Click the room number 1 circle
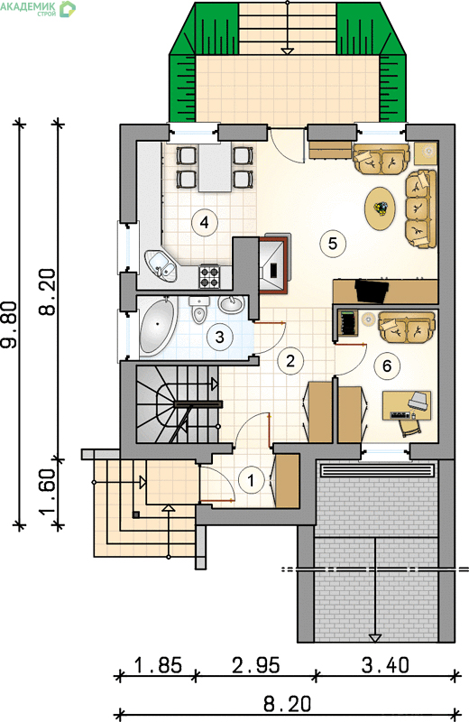251,481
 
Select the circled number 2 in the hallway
290,360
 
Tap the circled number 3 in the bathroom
219,337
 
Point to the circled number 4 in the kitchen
205,222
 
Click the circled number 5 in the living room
333,243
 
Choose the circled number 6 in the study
387,366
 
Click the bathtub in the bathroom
158,326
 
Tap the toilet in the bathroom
199,310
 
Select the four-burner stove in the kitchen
209,276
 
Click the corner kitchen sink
161,265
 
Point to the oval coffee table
381,208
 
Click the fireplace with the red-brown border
274,264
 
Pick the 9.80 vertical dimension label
10,324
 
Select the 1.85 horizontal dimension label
158,665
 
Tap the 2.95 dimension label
255,665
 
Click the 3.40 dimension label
385,665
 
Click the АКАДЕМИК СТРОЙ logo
38,9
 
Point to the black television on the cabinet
371,291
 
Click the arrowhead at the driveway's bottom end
375,638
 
